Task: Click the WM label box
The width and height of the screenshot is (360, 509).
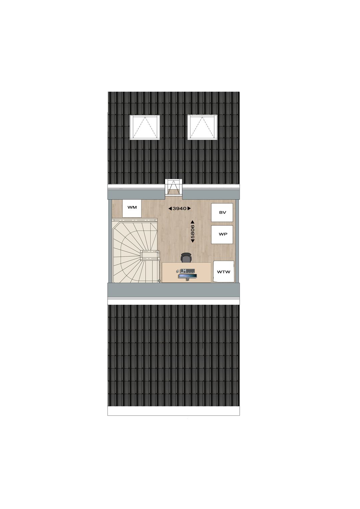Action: point(132,208)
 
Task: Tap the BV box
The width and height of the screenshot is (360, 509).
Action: point(222,212)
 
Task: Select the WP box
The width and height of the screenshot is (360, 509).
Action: point(222,235)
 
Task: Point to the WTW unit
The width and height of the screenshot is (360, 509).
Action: point(224,272)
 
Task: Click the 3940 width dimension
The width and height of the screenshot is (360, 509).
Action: point(179,208)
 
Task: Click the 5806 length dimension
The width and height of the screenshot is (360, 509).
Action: point(193,231)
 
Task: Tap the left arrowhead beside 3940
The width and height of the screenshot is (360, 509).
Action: point(170,208)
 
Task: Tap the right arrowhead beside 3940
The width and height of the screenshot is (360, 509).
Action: point(189,208)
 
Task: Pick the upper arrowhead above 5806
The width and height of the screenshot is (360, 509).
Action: point(193,222)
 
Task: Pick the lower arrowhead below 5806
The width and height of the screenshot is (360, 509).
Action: point(193,241)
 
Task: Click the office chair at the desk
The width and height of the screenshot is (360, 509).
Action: point(186,258)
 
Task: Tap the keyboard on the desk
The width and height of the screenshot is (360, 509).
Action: point(187,271)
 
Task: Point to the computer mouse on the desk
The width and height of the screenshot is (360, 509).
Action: point(177,271)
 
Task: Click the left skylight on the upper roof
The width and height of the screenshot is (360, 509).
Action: point(145,127)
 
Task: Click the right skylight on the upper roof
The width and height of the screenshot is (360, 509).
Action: point(202,127)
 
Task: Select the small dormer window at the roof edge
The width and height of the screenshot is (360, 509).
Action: point(174,187)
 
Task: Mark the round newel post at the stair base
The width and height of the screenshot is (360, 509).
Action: point(159,281)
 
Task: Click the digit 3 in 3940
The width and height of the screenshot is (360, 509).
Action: point(174,208)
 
